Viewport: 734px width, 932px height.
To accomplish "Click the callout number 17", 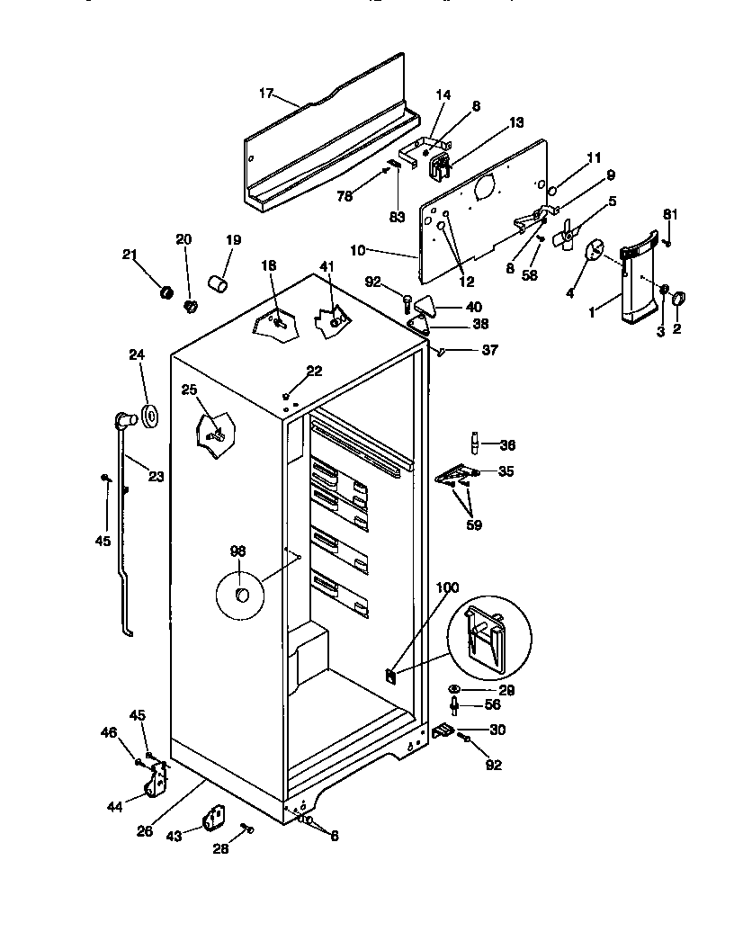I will click(265, 93).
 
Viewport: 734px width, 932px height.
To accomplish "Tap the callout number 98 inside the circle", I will click(237, 551).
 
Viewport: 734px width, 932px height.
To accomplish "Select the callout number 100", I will click(447, 587).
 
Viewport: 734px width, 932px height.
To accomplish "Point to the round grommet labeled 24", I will click(149, 417).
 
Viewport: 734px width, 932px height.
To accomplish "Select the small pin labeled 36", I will click(472, 444).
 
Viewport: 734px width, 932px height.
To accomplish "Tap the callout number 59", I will click(473, 524).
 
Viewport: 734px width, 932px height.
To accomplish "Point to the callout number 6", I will click(334, 836).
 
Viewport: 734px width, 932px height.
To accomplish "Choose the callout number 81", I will click(668, 214).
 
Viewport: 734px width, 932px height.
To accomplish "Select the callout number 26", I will click(145, 831).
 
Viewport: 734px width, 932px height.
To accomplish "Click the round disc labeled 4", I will click(595, 253).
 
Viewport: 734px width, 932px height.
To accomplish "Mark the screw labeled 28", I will click(247, 828).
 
